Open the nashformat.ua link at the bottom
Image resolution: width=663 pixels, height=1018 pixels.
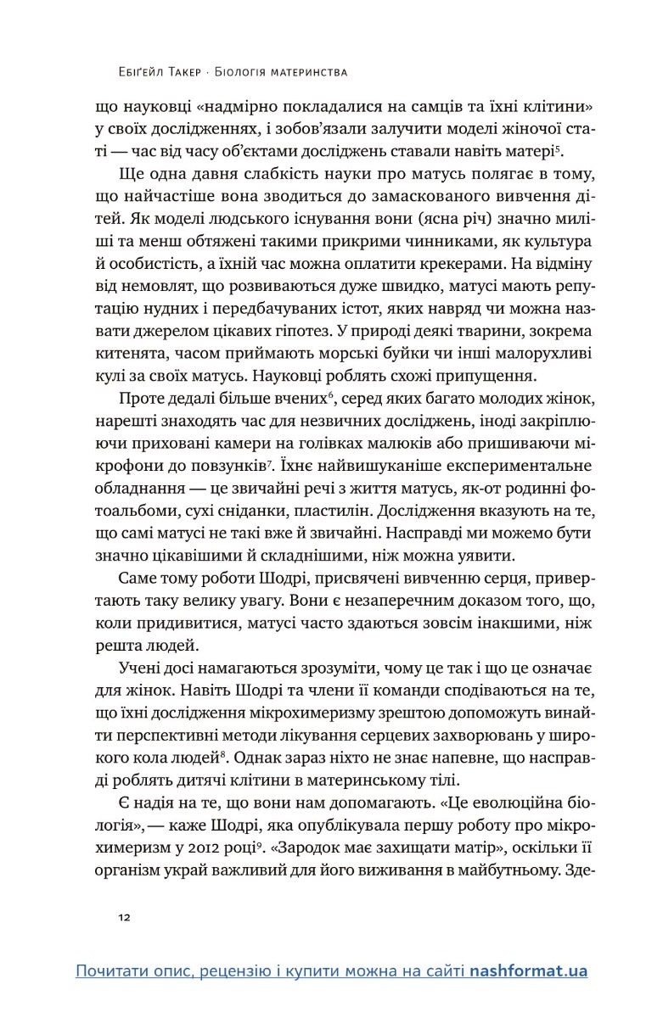point(529,971)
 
